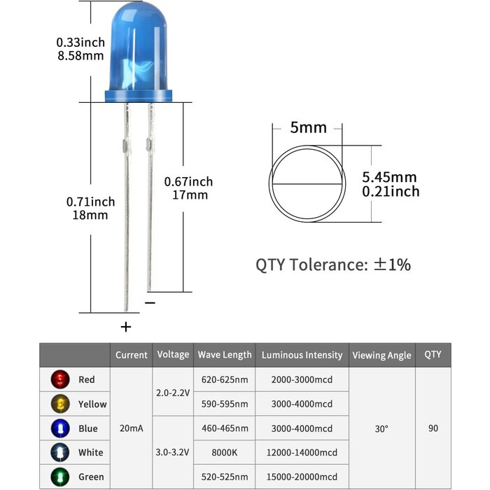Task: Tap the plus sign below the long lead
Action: (x=126, y=326)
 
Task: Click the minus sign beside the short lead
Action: (x=150, y=302)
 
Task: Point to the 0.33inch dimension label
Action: (x=80, y=43)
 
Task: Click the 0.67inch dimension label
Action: (x=188, y=181)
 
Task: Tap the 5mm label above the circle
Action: (x=309, y=127)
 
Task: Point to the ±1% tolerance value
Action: (x=392, y=265)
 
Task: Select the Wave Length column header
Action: (x=225, y=355)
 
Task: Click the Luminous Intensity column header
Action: (x=302, y=355)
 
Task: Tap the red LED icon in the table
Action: (x=60, y=379)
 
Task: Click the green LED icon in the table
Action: (x=60, y=477)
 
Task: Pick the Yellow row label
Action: (x=92, y=404)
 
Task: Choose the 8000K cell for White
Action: (x=225, y=452)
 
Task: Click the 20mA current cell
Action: (x=132, y=428)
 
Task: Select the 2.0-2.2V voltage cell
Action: (x=173, y=392)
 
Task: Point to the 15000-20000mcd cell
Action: (x=302, y=477)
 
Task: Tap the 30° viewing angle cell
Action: (x=381, y=428)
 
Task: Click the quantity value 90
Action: (x=433, y=428)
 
